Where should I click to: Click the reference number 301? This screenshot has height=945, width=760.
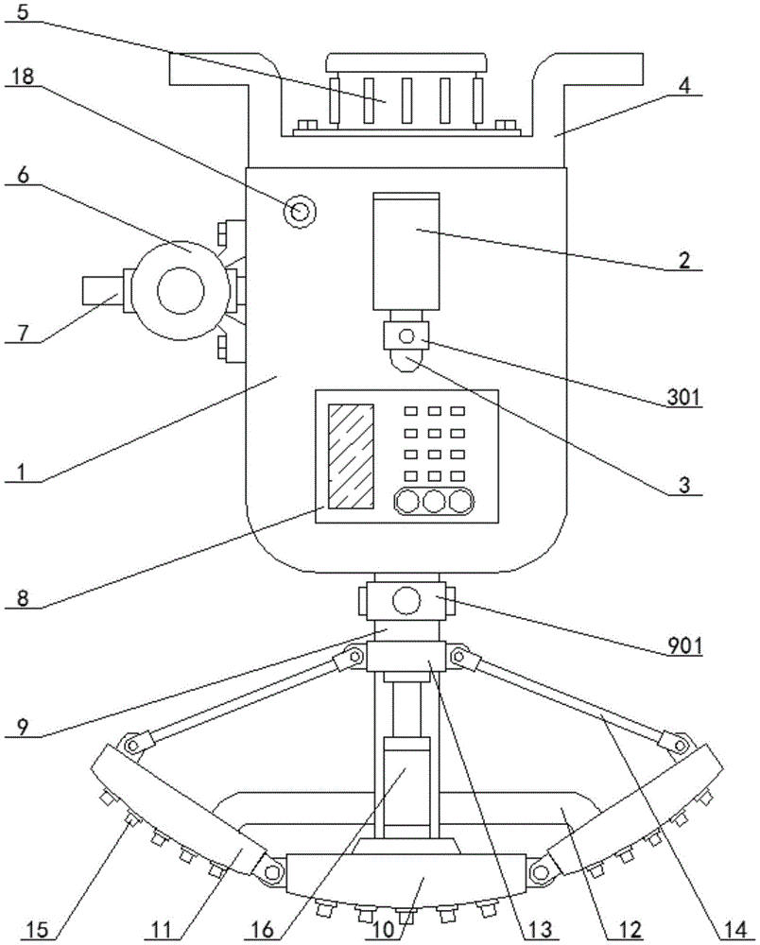pos(683,397)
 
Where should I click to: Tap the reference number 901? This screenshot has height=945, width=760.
pos(685,646)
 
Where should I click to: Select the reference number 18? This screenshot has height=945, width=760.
pos(23,77)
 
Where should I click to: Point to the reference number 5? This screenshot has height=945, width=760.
pos(23,11)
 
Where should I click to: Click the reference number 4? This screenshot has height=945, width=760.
pos(683,85)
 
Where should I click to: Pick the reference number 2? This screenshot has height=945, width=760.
pos(684,261)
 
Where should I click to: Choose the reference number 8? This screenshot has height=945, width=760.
pos(23,598)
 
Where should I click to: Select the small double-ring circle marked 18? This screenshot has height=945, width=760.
pos(300,212)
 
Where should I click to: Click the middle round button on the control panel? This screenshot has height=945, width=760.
pos(434,501)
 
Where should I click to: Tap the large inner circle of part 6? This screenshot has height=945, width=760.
pos(181,290)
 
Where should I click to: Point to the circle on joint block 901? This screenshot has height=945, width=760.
pos(406,600)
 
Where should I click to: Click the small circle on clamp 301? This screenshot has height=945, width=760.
pos(407,335)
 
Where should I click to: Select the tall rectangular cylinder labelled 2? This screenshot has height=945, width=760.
pos(406,252)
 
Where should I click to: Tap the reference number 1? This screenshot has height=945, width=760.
pos(22,472)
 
